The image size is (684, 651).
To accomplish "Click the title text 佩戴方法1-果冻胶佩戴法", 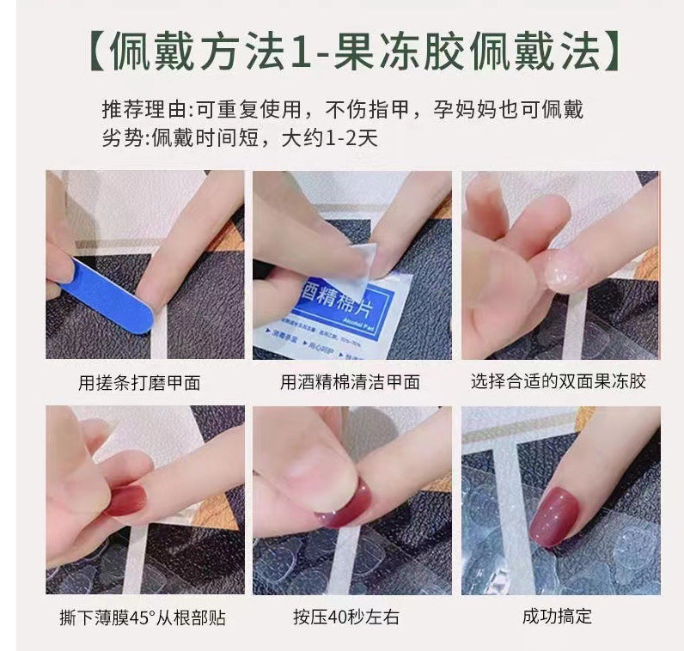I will pos(353,54).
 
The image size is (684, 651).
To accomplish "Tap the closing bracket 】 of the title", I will pos(612,54).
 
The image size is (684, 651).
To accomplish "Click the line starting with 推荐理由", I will pos(348,110).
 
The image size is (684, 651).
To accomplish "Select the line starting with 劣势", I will pos(240,137).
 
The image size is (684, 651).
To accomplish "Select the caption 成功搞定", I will pos(557,617).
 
